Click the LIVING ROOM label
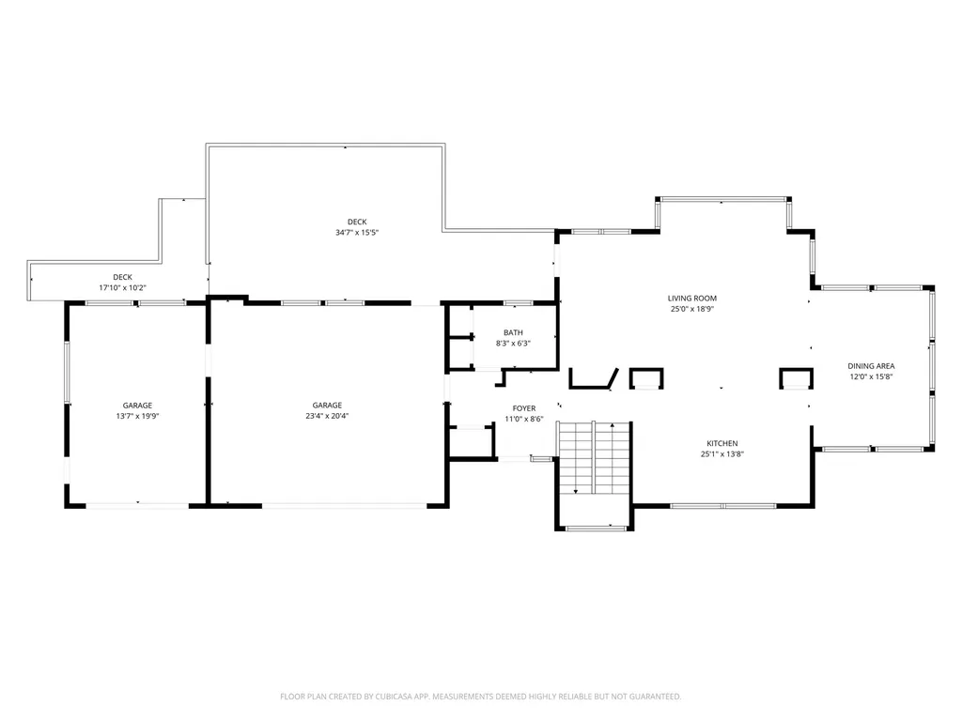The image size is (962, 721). [x=692, y=299]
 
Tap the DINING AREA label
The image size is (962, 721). [x=871, y=366]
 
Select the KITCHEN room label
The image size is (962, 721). [x=722, y=443]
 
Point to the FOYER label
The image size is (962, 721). [x=524, y=408]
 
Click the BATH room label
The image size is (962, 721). [x=514, y=333]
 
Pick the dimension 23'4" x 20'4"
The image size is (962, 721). [x=327, y=416]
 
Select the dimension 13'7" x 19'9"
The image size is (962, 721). [x=137, y=416]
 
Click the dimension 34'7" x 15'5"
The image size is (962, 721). [x=357, y=233]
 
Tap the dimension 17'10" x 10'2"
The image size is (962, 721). [x=123, y=287]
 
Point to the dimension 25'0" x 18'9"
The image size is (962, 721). [x=692, y=309]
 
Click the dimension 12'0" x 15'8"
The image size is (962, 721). [x=871, y=377]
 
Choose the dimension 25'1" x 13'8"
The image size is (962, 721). [x=722, y=454]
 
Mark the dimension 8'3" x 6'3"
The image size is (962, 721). [x=514, y=344]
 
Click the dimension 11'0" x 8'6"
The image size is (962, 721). [x=524, y=420]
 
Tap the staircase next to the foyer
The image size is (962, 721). [x=595, y=458]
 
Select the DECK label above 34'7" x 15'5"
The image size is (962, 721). [x=357, y=222]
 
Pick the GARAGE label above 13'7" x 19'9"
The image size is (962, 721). [x=137, y=406]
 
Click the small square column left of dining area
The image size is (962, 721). [x=797, y=378]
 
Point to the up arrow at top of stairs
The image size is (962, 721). [x=613, y=424]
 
